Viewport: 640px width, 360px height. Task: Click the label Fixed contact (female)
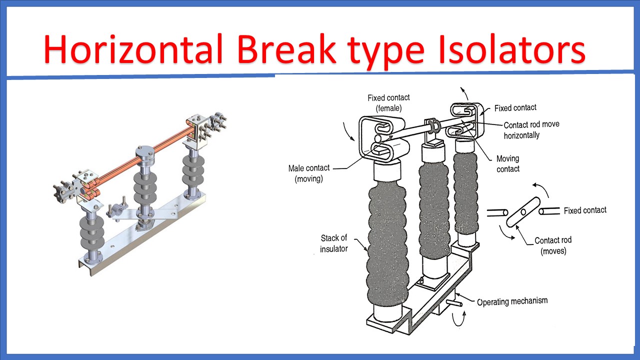(388, 102)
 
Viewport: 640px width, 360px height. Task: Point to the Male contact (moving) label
(309, 173)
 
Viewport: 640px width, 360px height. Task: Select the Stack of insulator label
(334, 243)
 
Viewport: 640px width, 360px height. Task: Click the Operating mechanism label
(512, 301)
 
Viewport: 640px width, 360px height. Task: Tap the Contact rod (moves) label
(553, 245)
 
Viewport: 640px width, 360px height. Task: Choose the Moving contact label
(507, 164)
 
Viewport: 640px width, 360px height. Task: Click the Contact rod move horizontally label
(531, 130)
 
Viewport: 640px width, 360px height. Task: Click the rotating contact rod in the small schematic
(523, 212)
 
